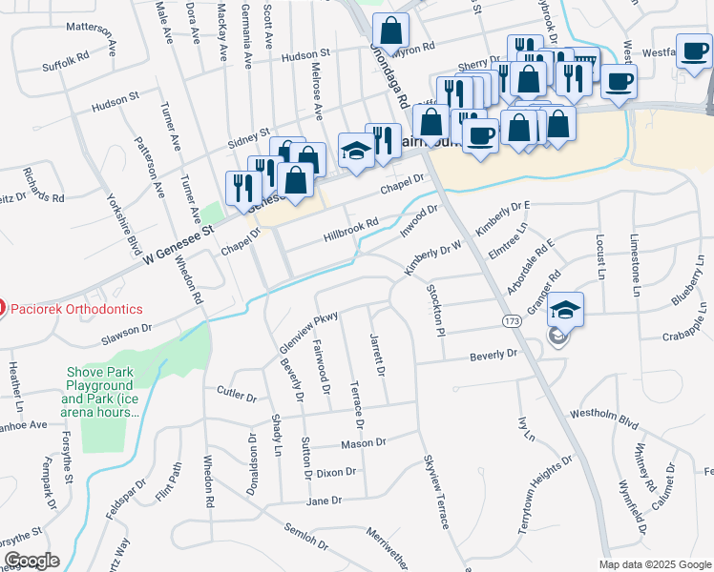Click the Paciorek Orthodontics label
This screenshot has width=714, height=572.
pos(75,309)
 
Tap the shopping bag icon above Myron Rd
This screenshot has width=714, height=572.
pos(389,30)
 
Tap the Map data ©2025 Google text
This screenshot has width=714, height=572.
pos(655,563)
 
